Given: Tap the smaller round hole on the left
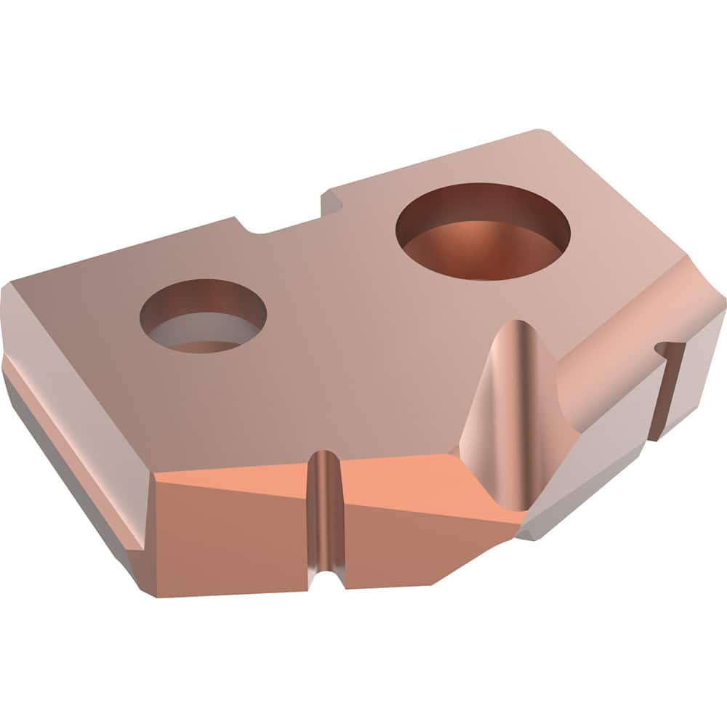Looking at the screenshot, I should [x=203, y=318].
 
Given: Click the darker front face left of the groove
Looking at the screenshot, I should [x=233, y=545].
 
